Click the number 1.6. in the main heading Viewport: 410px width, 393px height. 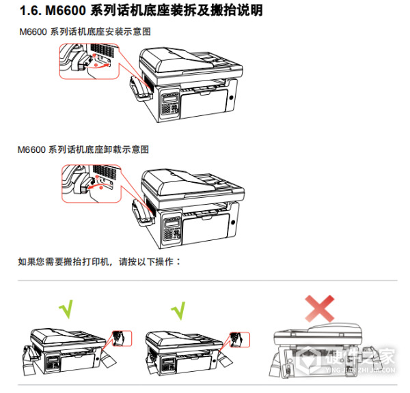click(30, 12)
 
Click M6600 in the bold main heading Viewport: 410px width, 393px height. click(68, 12)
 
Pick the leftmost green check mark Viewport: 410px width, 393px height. click(66, 310)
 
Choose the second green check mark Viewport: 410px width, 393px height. click(179, 310)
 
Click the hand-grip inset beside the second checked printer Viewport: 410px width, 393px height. click(237, 338)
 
